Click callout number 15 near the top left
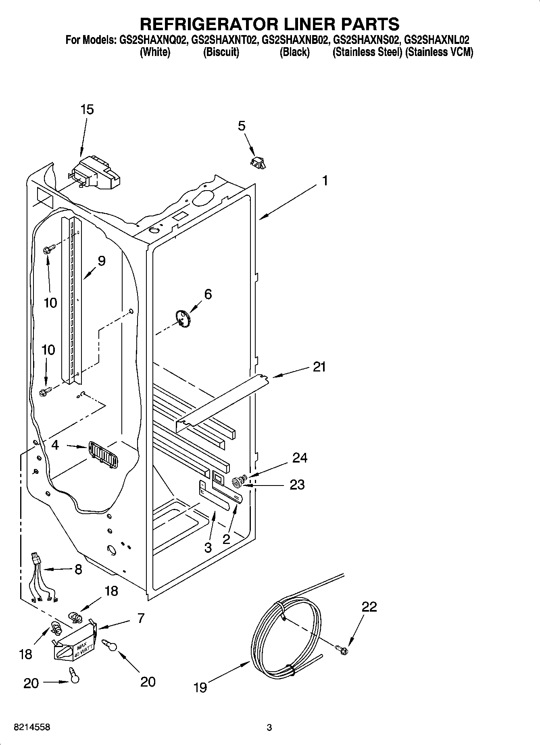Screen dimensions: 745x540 (87, 110)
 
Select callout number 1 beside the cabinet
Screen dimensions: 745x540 (325, 181)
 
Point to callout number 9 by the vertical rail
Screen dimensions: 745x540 (101, 261)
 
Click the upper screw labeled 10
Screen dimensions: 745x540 (47, 250)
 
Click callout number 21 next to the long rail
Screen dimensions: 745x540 (319, 367)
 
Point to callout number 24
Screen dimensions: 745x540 (300, 458)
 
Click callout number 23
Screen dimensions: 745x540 (297, 485)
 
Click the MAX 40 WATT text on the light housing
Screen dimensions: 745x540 (79, 651)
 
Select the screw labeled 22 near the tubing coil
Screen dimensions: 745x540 (342, 649)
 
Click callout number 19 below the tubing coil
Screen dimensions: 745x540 (200, 687)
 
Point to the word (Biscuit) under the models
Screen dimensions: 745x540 (221, 52)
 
